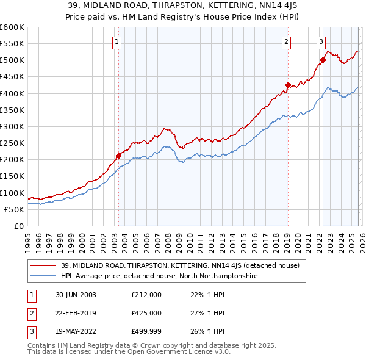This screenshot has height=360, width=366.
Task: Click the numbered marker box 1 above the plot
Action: pyautogui.click(x=116, y=42)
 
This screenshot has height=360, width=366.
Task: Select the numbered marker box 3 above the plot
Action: pyautogui.click(x=321, y=42)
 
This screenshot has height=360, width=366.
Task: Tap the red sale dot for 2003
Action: pyautogui.click(x=118, y=156)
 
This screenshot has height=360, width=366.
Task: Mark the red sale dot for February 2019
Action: pyautogui.click(x=287, y=85)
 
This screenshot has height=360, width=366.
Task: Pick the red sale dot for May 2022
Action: pyautogui.click(x=323, y=60)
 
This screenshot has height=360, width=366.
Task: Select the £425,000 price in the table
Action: pyautogui.click(x=146, y=313)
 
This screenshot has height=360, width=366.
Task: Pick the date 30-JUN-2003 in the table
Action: pyautogui.click(x=74, y=295)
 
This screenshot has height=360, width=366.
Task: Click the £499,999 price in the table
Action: pyautogui.click(x=146, y=331)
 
